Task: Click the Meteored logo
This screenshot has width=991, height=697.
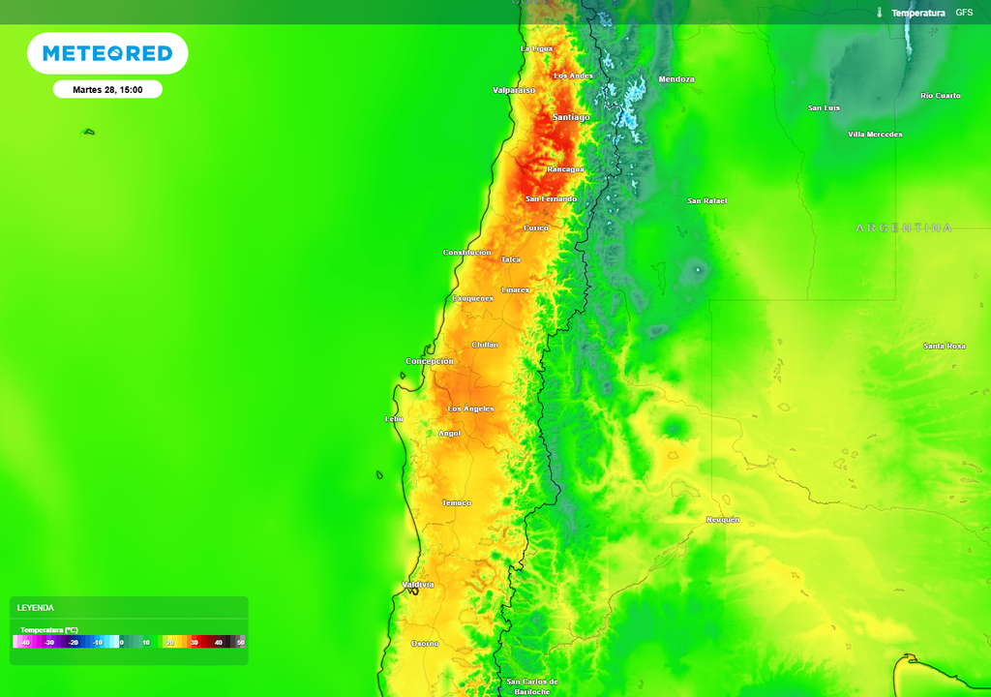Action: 107,53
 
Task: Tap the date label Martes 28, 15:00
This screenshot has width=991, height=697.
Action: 107,90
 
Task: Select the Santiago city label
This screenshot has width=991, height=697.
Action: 570,117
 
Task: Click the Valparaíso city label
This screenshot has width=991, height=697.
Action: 514,90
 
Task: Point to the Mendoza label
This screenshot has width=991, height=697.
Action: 676,79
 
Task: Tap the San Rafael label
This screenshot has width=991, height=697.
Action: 706,200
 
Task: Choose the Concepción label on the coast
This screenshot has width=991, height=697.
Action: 429,361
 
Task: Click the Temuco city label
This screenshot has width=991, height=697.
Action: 456,502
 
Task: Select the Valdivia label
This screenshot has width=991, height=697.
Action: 418,585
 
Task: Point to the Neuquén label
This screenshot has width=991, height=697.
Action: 723,520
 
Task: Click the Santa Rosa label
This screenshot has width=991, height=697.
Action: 944,346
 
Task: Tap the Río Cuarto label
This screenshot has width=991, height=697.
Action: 941,96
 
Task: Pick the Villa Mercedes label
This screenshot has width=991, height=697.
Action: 875,135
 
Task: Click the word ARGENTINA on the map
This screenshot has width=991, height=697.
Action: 904,227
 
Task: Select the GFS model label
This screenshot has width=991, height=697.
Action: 964,13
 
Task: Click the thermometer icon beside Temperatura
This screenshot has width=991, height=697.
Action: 880,13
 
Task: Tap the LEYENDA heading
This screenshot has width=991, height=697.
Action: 36,608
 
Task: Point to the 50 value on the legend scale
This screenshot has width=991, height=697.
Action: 240,642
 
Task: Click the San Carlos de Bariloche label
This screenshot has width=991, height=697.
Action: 532,686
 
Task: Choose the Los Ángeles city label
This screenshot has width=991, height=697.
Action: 471,409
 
